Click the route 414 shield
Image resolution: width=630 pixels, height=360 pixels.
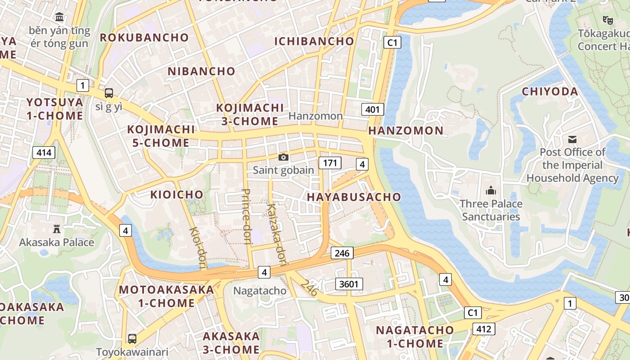44,153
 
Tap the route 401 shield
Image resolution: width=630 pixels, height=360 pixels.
373,109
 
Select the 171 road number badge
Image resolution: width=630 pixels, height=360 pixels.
330,163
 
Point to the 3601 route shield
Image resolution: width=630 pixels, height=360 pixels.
349,284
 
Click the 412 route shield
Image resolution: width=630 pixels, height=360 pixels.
484,329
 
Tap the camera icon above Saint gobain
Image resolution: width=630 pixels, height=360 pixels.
283,157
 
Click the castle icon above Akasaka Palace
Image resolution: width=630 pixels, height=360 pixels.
57,229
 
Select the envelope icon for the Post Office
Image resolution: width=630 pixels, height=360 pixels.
572,139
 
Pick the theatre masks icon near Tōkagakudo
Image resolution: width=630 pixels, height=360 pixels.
607,20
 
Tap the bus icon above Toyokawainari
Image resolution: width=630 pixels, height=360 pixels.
132,338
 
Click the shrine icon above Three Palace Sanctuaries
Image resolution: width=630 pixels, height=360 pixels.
491,191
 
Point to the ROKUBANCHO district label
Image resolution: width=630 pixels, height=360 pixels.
144,38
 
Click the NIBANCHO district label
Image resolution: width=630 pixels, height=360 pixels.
202,71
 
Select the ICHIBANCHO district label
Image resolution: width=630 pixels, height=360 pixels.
314,41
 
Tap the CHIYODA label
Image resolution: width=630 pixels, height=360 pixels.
550,92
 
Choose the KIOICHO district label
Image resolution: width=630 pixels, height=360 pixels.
177,195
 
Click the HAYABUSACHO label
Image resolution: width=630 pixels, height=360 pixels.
354,197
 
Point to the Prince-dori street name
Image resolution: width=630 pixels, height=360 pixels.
246,216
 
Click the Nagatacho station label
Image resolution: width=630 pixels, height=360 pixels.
260,291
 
